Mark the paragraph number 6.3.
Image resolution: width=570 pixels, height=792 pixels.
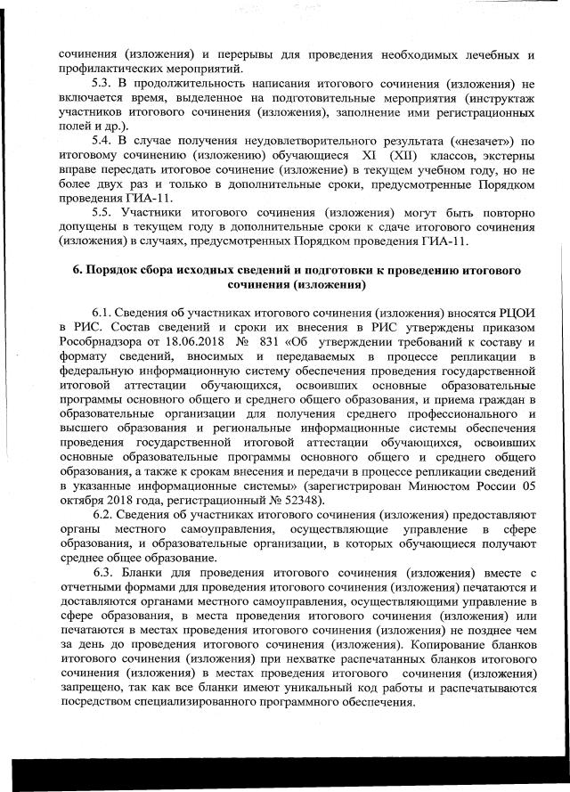pos(105,572)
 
